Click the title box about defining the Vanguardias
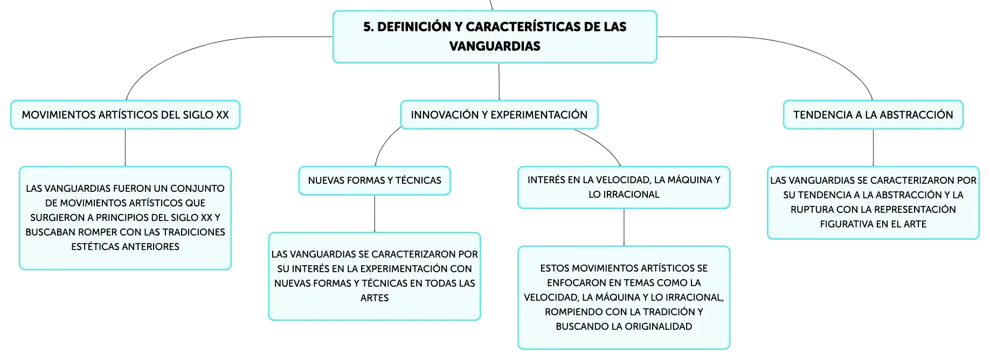pyautogui.click(x=495, y=37)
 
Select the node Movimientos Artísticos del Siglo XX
pyautogui.click(x=125, y=115)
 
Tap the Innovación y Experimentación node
pyautogui.click(x=499, y=115)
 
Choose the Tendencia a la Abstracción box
pyautogui.click(x=873, y=115)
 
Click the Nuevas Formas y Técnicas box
pyautogui.click(x=375, y=181)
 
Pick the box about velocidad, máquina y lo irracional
pyautogui.click(x=624, y=187)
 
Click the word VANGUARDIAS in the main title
pyautogui.click(x=495, y=46)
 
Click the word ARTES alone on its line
pyautogui.click(x=375, y=298)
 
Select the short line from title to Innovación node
pyautogui.click(x=499, y=82)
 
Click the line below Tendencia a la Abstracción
pyautogui.click(x=873, y=148)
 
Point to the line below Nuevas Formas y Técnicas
pyautogui.click(x=375, y=214)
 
